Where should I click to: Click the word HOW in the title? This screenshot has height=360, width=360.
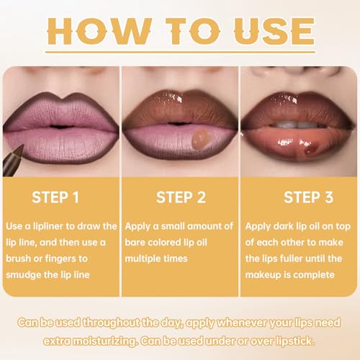pos(99,31)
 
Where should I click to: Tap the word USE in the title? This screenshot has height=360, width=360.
pos(274,31)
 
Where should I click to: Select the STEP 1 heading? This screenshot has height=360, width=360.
pos(55,197)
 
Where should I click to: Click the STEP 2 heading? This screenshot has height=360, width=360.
pos(181,197)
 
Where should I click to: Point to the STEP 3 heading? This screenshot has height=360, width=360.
pos(309,197)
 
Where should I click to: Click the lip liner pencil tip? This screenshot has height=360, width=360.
pos(21,147)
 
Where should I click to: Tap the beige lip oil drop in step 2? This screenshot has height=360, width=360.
pos(201,139)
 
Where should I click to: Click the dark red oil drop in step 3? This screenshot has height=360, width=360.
pos(310,148)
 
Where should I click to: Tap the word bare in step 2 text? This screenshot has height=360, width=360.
pos(135,243)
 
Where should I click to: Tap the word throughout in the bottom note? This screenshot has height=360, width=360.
pos(111,323)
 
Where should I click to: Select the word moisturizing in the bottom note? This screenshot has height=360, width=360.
pos(105,341)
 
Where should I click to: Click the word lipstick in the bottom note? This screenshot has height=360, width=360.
pos(295,341)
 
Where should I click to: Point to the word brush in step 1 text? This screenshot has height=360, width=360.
pos(19,258)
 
